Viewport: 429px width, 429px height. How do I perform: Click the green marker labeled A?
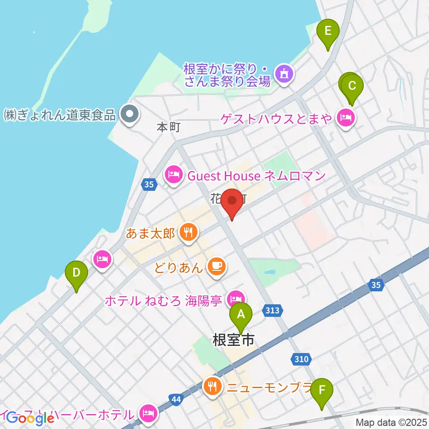241,315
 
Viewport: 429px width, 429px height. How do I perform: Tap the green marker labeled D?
76,273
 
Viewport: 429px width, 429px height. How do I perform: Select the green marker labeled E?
328,32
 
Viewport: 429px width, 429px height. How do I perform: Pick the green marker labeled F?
321,390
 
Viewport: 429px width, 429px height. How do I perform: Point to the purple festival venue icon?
284,74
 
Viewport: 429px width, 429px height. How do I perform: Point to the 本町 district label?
168,127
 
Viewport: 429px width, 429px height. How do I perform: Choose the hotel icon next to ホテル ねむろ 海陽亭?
236,298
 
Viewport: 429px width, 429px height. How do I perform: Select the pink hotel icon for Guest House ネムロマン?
173,175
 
